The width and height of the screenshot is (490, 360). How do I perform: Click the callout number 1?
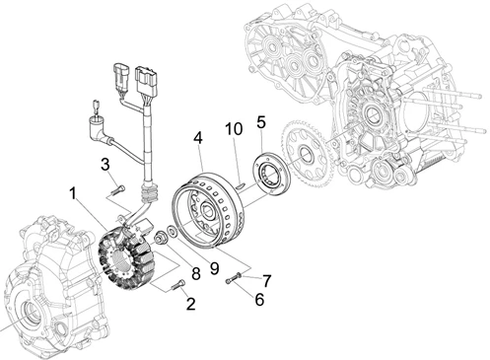[73, 193]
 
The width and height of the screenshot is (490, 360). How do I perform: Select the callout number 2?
[191, 304]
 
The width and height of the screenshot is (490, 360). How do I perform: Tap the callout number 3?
[105, 165]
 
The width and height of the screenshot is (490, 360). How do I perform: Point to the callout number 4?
[198, 138]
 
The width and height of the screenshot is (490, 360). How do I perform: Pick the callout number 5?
[261, 122]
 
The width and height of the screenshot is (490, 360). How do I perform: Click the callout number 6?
[259, 300]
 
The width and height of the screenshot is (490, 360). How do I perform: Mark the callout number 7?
[266, 281]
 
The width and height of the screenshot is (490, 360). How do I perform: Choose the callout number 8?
[196, 274]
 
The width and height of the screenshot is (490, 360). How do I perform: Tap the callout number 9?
[214, 268]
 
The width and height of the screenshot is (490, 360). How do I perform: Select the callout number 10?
[234, 129]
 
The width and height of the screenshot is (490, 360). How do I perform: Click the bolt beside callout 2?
[177, 285]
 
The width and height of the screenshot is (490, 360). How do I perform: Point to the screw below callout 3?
[118, 189]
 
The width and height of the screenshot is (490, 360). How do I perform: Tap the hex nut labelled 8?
[161, 238]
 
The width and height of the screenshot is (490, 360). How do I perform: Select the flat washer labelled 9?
[172, 232]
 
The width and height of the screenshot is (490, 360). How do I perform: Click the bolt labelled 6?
[233, 279]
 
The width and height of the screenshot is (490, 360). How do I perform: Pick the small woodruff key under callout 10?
[241, 185]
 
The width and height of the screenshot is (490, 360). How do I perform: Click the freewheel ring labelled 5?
[270, 172]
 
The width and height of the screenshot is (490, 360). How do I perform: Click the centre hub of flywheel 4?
[208, 212]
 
